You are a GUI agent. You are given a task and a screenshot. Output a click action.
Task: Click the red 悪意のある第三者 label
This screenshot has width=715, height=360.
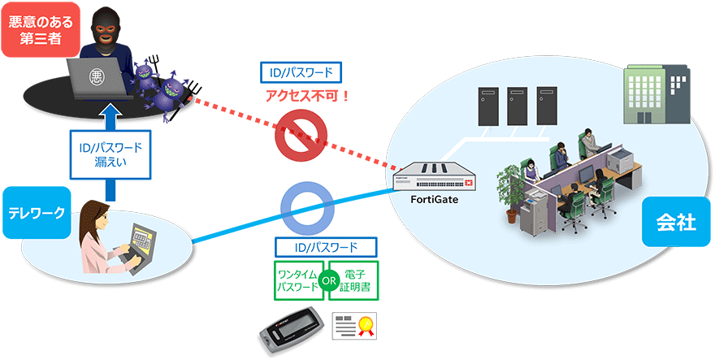33,29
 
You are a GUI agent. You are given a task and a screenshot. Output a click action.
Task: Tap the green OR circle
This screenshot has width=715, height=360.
328,280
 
